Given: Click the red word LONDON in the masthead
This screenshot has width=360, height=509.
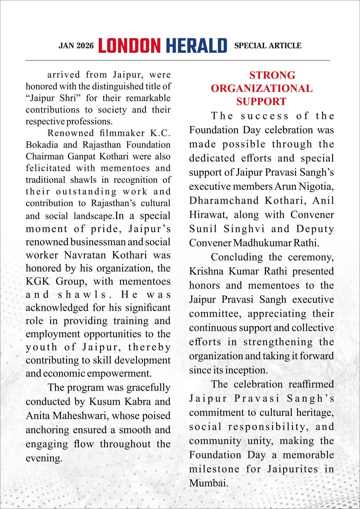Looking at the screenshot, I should (129, 46).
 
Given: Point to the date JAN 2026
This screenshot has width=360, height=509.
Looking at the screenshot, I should (76, 46).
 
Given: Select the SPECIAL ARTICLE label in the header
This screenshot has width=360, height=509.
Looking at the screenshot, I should (268, 46).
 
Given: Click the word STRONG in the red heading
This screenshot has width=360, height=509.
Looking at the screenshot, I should (272, 75).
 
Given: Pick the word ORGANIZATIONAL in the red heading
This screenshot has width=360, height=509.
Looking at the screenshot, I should (262, 89).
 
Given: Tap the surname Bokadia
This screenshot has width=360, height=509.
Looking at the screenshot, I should (42, 145).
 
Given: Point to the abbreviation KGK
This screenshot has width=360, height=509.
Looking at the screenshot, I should (38, 281).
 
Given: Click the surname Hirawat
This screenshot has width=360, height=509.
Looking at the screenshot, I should (207, 215).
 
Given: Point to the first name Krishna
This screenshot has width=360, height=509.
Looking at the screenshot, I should (206, 271).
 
